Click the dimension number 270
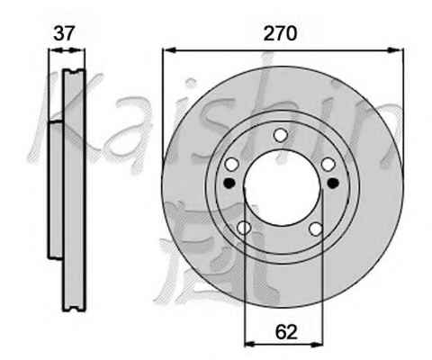(280, 33)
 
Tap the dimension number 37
(63, 33)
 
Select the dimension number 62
(286, 332)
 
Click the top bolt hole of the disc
(281, 135)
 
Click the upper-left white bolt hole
(232, 165)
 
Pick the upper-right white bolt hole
(328, 165)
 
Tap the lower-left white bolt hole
(244, 228)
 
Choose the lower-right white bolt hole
(316, 229)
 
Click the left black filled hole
(229, 183)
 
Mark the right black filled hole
(333, 183)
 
